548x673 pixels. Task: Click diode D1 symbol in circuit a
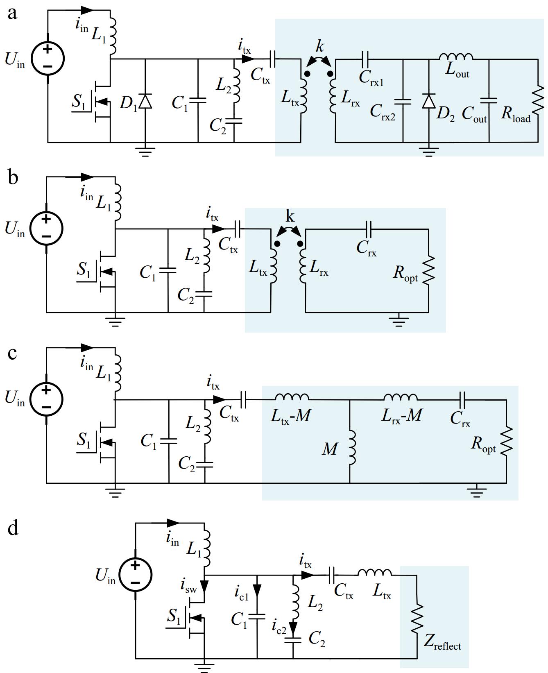[145, 101]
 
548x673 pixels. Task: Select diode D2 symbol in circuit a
[428, 101]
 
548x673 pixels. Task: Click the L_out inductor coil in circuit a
[456, 57]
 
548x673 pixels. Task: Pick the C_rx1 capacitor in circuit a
[365, 59]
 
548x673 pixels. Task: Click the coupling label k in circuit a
[319, 46]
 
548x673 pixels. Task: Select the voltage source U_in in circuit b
[46, 229]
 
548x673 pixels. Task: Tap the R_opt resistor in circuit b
[429, 270]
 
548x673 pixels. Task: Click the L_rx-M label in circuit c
[401, 416]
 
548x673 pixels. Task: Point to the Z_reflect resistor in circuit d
[417, 617]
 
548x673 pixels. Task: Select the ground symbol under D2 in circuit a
[428, 152]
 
